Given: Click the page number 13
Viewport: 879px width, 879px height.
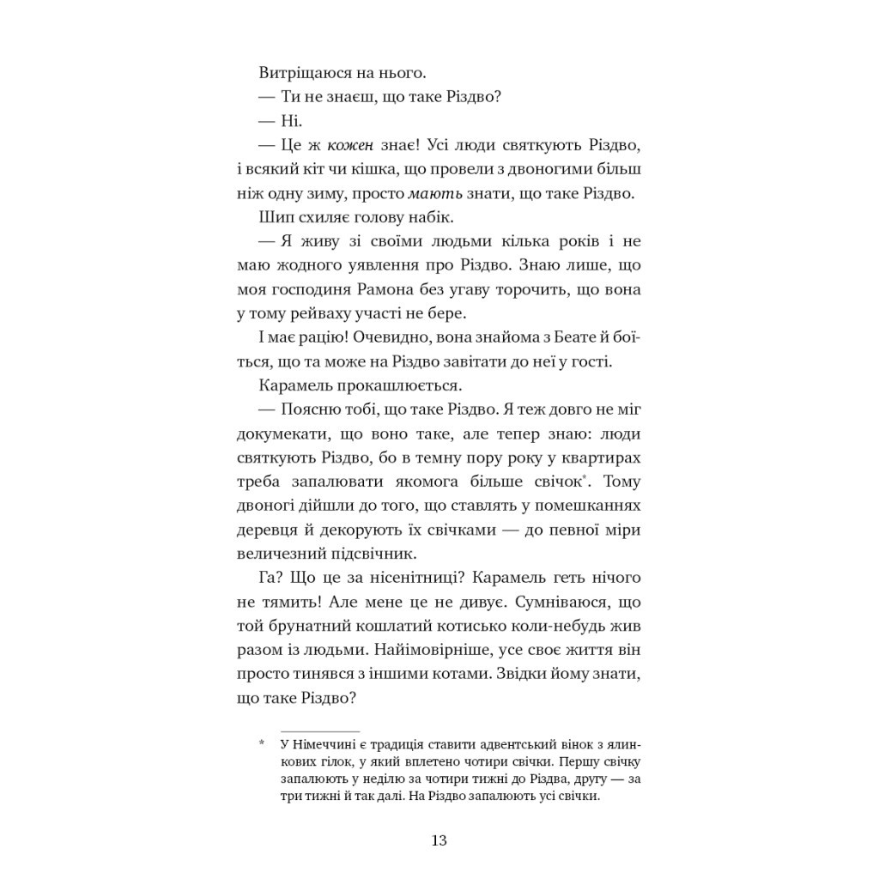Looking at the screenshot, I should (439, 840).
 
